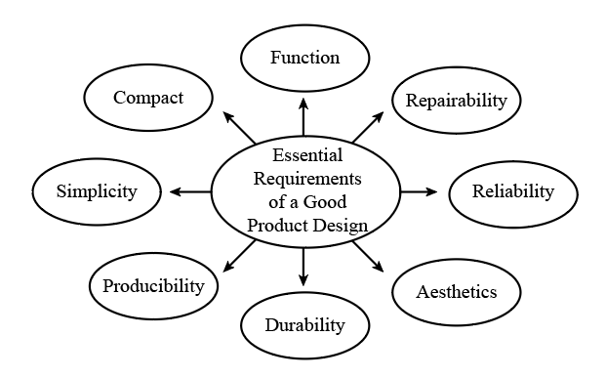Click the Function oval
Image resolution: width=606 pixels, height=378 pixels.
(x=304, y=57)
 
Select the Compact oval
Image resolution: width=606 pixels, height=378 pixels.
(x=148, y=97)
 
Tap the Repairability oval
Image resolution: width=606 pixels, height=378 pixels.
(x=456, y=100)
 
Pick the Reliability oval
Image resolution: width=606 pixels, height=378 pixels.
(x=512, y=190)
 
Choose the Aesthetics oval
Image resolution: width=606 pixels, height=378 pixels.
(x=456, y=291)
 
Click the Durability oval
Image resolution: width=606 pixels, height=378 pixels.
(x=304, y=324)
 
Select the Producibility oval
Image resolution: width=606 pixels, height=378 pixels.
(x=153, y=285)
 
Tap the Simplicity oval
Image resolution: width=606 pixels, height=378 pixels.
(x=97, y=190)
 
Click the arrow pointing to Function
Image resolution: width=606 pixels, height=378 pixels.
(x=304, y=115)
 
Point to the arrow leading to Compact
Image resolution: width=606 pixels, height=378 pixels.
(x=240, y=127)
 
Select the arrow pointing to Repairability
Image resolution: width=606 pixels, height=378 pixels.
(x=369, y=126)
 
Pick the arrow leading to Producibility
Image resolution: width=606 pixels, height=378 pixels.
(x=240, y=256)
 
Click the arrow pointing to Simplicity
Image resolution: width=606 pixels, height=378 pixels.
(x=190, y=191)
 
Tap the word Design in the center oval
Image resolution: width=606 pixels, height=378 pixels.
(x=341, y=226)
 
